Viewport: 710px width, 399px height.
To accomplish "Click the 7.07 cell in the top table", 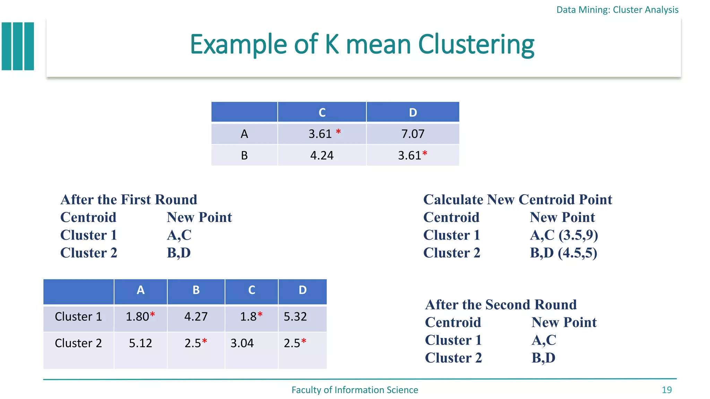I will point(413,134).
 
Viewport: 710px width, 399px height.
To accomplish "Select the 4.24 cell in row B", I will point(322,155).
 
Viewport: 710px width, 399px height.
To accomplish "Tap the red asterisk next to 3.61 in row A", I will point(338,132).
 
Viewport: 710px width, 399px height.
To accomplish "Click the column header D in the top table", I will point(413,112).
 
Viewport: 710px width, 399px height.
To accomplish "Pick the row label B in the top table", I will point(244,155).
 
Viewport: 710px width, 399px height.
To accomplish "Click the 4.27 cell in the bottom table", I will point(196,316).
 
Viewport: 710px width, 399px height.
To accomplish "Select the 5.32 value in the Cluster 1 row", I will point(295,316).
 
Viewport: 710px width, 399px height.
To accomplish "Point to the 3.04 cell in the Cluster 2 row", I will point(242,343).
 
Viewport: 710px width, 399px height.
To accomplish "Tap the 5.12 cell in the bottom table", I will point(140,343).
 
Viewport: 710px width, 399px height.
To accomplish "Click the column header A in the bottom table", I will point(140,290).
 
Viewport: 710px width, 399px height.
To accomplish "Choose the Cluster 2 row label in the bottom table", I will point(78,343).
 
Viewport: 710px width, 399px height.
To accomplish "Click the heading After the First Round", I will point(129,199).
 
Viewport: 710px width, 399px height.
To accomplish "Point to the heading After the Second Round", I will point(501,304).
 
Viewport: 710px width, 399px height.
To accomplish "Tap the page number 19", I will point(666,390).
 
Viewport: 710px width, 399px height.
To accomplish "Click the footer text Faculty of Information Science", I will point(355,390).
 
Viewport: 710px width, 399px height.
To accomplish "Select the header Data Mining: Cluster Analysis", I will point(617,10).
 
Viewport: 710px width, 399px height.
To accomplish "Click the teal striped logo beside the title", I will point(18,46).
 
